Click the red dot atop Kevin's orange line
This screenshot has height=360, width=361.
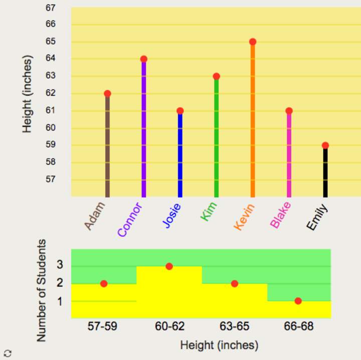coord(253,42)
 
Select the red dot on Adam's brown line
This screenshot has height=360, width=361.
coord(107,94)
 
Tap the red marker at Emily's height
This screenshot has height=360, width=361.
coord(325,145)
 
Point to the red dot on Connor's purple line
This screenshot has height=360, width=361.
coord(144,59)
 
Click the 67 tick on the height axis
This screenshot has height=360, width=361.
coord(50,8)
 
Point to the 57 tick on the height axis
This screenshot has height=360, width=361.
coord(50,179)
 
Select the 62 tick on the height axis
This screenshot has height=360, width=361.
coord(50,93)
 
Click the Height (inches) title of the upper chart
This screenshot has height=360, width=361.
coord(28,95)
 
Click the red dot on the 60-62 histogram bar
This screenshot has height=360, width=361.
coord(169,266)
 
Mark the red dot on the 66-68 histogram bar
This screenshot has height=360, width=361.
coord(298,301)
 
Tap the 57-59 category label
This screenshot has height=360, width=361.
coord(104,326)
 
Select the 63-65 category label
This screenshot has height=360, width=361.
coord(234,326)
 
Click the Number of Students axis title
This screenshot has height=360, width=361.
coord(42,290)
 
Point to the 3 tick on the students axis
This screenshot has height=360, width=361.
coord(60,265)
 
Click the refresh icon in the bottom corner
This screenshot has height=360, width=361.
coord(8,352)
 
